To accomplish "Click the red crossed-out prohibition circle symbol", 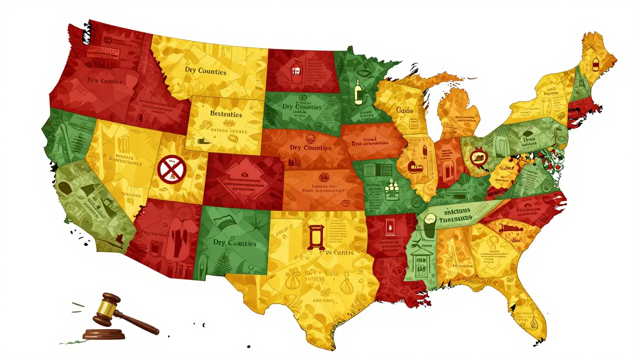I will (171, 168).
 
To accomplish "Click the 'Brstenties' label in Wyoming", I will (218, 114).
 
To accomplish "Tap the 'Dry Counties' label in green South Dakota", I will (301, 106).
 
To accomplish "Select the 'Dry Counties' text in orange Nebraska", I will (310, 148).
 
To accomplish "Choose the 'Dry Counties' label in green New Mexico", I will (234, 243).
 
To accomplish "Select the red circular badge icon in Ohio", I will (477, 158).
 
